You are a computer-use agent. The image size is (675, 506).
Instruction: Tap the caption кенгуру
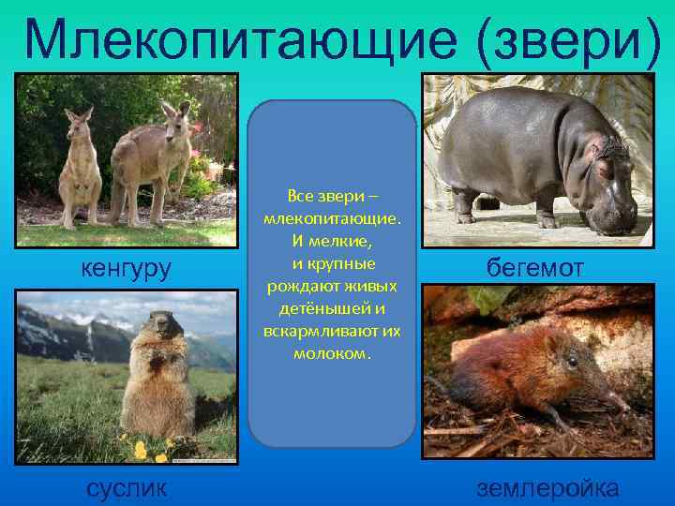127,270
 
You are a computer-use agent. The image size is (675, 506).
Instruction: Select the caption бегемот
535,268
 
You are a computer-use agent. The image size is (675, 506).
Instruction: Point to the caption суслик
127,487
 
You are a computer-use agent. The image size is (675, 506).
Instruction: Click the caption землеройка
547,487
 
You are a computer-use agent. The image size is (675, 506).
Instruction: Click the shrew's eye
572,362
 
